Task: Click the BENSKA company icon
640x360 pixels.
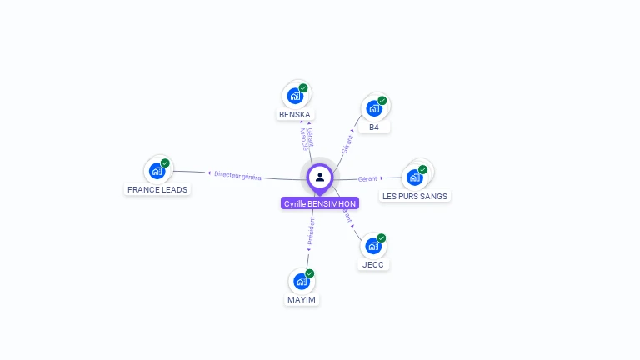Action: click(295, 96)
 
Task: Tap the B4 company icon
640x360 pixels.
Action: click(374, 107)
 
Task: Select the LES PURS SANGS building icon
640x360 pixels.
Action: click(414, 177)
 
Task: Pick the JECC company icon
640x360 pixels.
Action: click(372, 246)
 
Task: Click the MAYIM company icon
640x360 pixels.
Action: click(301, 282)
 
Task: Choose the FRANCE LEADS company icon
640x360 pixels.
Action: click(157, 171)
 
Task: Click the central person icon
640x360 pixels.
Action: click(320, 177)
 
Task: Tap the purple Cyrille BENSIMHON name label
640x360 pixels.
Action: click(320, 203)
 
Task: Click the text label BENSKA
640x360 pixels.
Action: click(296, 114)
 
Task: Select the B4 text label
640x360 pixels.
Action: click(374, 127)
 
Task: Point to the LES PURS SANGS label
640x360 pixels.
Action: click(415, 197)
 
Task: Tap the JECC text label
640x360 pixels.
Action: click(372, 264)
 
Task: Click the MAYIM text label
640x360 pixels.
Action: click(302, 299)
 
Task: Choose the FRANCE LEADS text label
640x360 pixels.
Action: click(157, 189)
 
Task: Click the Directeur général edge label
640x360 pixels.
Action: click(238, 175)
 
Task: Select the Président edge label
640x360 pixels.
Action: click(311, 231)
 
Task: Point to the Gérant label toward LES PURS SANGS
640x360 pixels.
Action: click(367, 178)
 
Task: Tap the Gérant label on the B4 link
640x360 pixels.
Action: click(347, 143)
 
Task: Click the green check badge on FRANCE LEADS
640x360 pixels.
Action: click(165, 163)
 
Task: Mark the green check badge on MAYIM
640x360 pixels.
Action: click(309, 273)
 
